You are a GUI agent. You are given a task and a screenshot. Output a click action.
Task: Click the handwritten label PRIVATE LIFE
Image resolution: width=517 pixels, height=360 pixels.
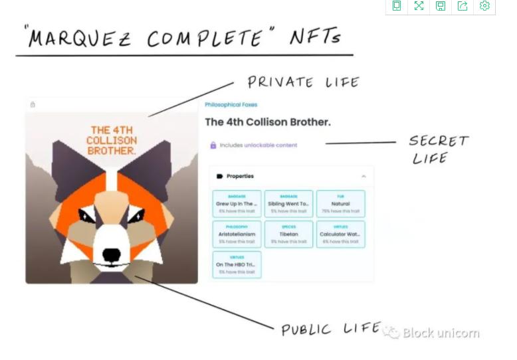coord(303,82)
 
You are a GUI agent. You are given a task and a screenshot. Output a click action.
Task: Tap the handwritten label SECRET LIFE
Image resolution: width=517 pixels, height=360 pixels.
coord(438,149)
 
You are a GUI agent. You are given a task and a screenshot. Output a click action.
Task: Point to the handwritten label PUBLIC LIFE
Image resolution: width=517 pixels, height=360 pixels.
coord(330,329)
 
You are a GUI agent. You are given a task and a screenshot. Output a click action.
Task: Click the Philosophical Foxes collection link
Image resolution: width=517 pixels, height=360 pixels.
coord(231,105)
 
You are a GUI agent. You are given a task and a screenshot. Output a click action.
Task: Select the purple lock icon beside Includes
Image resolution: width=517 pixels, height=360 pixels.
coord(213,145)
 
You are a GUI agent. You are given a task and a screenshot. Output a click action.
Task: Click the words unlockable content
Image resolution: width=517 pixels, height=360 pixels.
coord(270,145)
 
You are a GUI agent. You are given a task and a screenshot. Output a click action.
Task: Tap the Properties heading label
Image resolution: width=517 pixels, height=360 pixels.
coord(240,176)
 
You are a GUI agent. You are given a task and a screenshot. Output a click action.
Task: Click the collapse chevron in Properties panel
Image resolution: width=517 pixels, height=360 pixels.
coord(363,176)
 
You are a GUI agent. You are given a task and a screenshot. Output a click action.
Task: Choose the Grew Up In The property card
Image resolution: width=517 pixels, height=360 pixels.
coord(237,204)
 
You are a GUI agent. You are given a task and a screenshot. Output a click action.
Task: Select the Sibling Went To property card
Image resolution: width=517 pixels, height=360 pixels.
coord(288,204)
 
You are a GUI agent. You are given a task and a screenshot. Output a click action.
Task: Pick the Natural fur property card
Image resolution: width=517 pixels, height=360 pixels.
coord(340,204)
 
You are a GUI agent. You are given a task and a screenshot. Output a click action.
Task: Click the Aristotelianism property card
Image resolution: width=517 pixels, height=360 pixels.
coord(237,234)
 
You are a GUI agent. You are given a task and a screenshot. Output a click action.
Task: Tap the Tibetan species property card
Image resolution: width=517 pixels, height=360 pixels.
coord(288,234)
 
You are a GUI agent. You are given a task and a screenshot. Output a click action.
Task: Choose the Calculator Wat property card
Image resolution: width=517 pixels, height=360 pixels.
coord(340,234)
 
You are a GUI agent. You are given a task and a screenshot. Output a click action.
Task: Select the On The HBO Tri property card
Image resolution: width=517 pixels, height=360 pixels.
coord(237,264)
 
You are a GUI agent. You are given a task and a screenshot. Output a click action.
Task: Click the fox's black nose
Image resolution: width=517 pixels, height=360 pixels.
coord(112,254)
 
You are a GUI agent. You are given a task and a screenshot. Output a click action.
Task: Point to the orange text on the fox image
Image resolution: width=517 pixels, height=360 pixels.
coord(112,140)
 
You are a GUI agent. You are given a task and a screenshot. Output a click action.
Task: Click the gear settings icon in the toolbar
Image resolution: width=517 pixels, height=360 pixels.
coord(484,6)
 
